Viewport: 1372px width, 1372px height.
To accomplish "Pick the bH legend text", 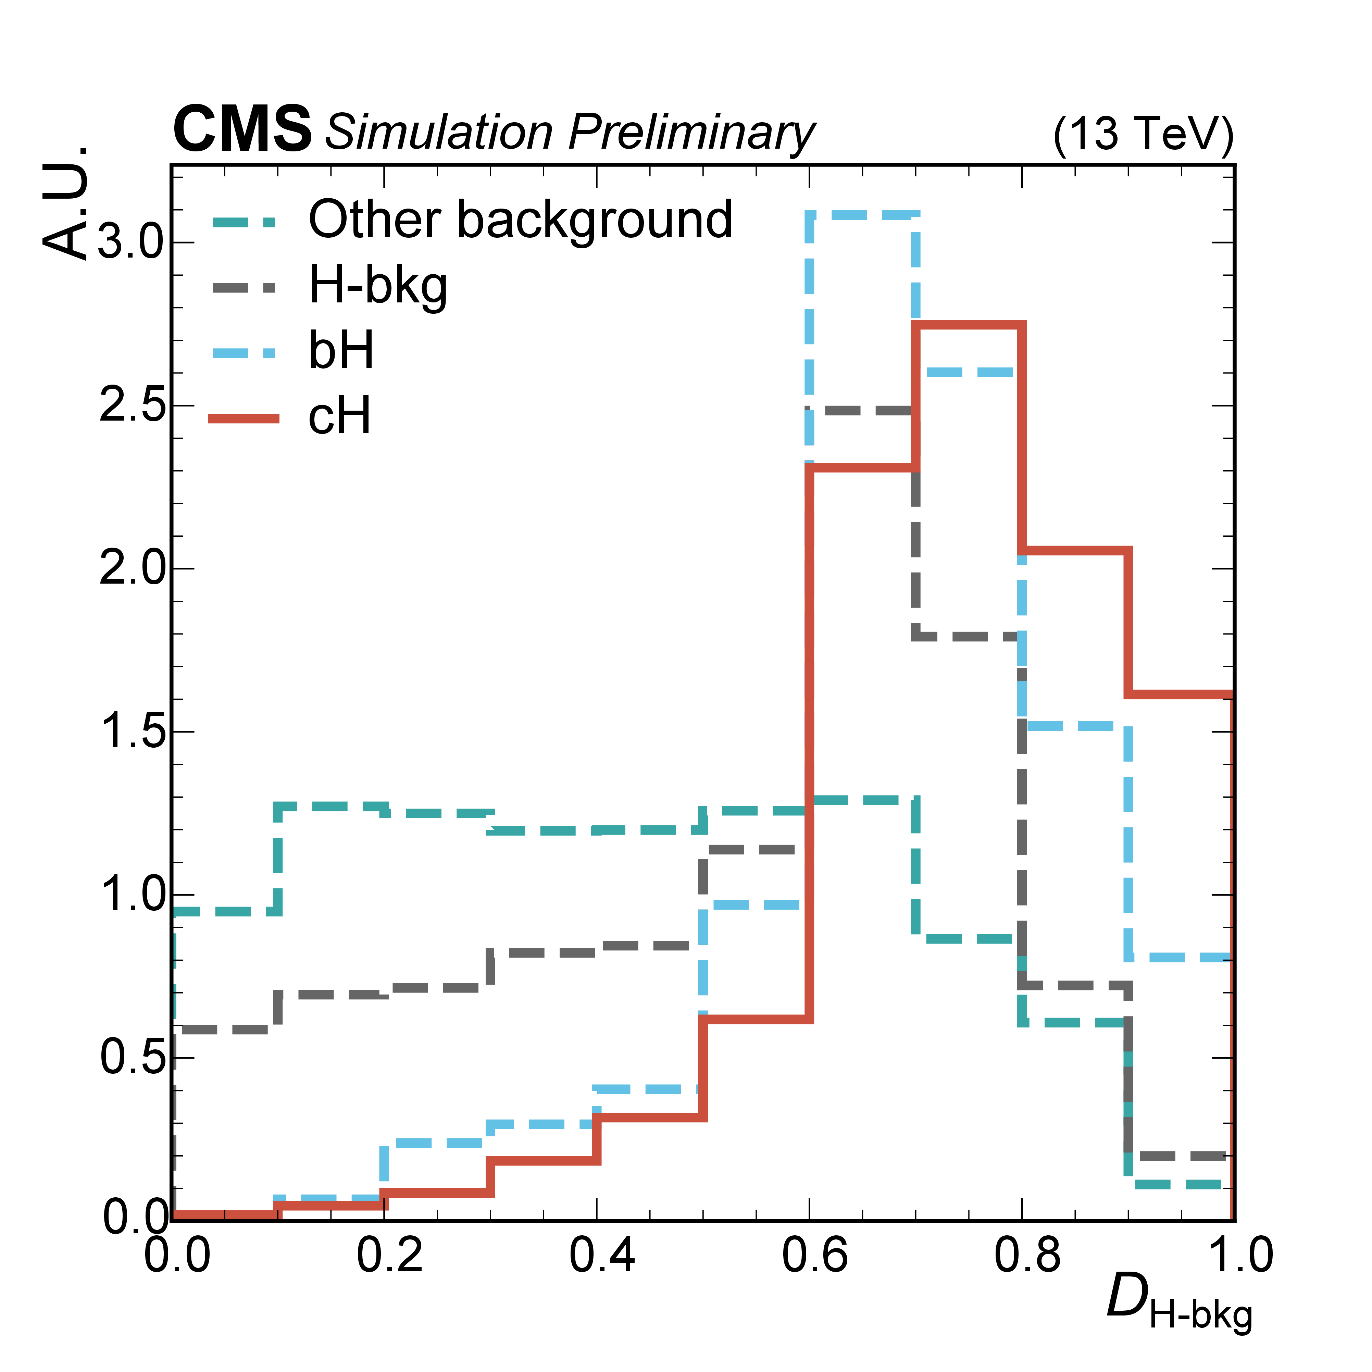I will pyautogui.click(x=341, y=351).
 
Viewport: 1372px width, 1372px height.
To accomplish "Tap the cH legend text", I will pyautogui.click(x=339, y=416).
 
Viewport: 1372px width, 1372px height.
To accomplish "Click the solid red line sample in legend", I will pyautogui.click(x=244, y=418).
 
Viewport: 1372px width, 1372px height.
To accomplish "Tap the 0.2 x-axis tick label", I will pyautogui.click(x=389, y=1256).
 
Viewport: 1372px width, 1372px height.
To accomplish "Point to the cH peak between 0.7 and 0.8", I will pyautogui.click(x=969, y=325).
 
